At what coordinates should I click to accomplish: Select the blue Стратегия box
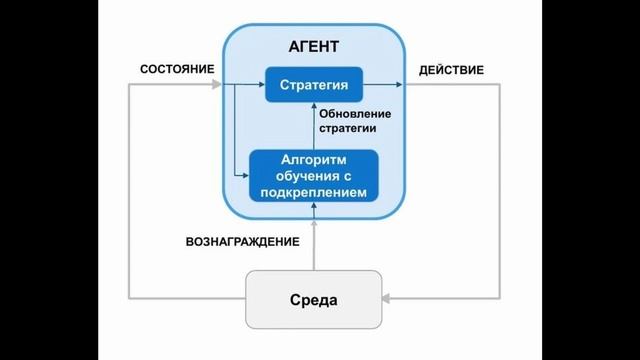(x=313, y=85)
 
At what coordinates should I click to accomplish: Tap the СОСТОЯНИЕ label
(x=177, y=69)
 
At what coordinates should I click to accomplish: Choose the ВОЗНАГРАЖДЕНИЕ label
(x=242, y=242)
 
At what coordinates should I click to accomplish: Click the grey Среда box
(x=314, y=299)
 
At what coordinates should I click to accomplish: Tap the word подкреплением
(x=314, y=191)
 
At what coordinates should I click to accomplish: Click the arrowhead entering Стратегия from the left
(x=260, y=85)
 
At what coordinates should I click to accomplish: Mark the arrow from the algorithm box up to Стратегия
(x=314, y=125)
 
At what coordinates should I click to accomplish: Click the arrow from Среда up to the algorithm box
(x=314, y=240)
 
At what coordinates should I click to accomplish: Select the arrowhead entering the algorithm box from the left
(x=244, y=175)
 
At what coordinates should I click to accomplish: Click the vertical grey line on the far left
(x=130, y=190)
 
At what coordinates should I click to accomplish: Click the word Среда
(x=314, y=299)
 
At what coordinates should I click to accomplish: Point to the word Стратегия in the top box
(x=313, y=85)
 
